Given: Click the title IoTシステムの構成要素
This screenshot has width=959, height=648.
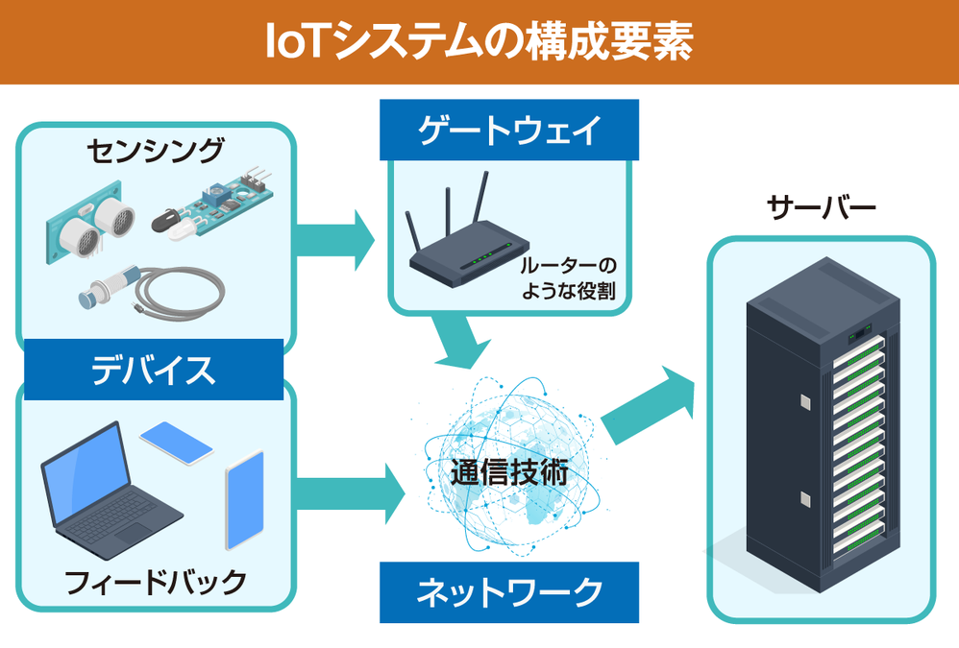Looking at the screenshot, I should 479,41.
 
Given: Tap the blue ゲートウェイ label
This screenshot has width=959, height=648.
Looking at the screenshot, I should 509,130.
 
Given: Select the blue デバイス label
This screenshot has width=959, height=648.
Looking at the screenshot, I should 154,369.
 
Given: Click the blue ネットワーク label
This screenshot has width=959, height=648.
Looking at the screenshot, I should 509,591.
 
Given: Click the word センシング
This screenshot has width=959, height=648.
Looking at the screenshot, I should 154,151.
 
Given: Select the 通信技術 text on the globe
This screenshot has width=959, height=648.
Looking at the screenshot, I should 509,472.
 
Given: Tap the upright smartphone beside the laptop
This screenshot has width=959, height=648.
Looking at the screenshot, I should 244,499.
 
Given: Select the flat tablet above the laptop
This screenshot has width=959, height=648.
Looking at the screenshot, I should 176,442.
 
